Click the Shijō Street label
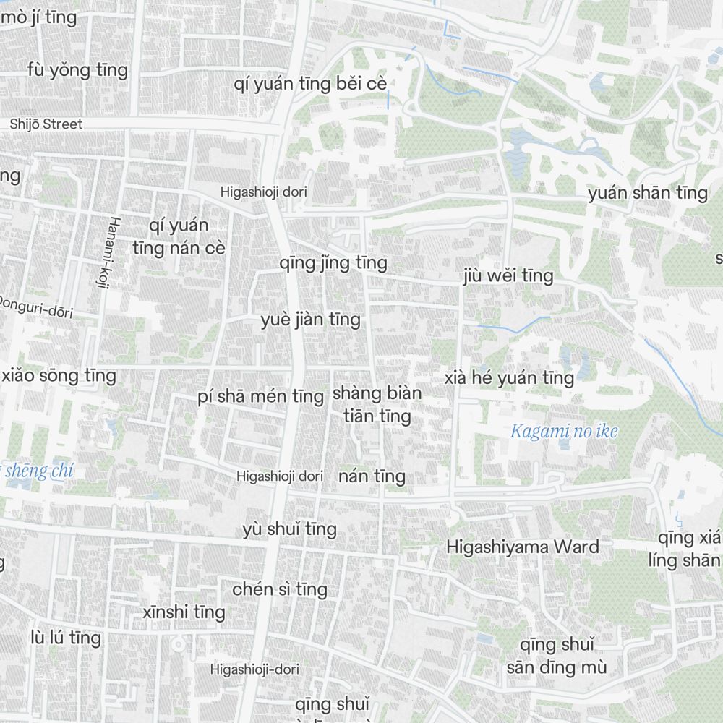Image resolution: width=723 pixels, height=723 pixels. (x=46, y=124)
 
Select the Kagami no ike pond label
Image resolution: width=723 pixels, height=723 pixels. (x=564, y=432)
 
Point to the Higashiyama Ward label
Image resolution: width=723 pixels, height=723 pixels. (x=523, y=546)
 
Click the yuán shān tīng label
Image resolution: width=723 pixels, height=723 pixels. (x=648, y=193)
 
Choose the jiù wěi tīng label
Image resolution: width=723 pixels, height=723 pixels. (x=509, y=275)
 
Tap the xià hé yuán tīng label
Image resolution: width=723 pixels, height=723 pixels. (x=509, y=377)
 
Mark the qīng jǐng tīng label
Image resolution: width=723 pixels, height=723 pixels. (x=333, y=262)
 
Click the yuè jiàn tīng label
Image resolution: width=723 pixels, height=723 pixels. (x=310, y=320)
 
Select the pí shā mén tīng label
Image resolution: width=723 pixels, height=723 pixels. (x=260, y=396)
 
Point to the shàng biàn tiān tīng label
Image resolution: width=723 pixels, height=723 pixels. (x=377, y=405)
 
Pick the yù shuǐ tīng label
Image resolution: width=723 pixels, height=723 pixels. (x=290, y=529)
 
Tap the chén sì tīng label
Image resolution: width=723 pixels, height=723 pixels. (x=280, y=589)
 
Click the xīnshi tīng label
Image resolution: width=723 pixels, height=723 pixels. (x=184, y=612)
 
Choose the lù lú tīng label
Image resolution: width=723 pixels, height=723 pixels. (x=66, y=638)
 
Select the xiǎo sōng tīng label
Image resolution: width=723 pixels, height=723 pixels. (x=59, y=375)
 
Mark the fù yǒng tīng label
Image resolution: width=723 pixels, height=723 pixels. (x=77, y=70)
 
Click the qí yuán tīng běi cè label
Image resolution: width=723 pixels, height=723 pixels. (x=310, y=84)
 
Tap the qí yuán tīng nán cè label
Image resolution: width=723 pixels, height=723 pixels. (x=179, y=236)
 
